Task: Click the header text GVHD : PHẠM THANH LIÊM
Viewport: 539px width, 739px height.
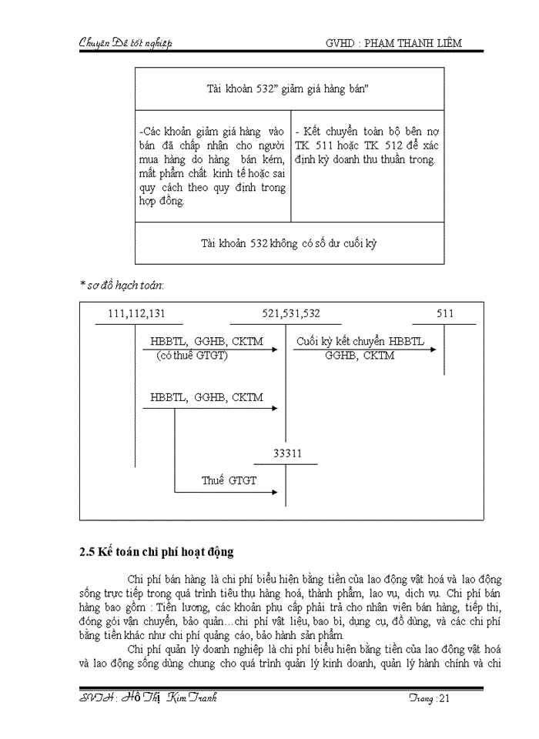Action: pos(393,43)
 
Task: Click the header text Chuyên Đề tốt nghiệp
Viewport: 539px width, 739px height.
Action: pos(126,43)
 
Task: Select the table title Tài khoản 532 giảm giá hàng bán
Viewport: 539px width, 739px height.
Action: pos(289,89)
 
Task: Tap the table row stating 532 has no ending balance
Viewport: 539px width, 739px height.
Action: pos(289,243)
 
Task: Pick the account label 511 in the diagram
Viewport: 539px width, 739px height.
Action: pos(445,313)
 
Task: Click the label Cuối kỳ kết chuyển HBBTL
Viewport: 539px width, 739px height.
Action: pos(360,342)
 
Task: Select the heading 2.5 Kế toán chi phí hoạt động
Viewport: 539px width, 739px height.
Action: pos(156,552)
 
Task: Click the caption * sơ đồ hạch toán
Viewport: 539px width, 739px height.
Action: pos(122,285)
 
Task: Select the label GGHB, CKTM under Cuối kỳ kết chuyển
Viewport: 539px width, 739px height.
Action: pos(360,356)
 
